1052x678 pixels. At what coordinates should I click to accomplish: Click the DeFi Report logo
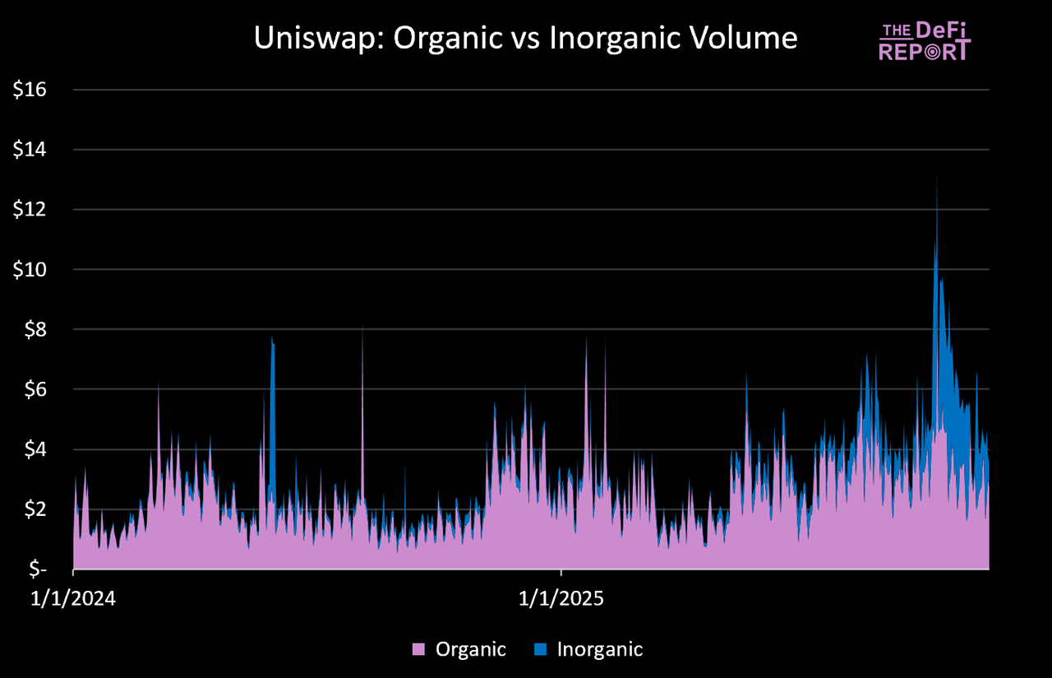click(924, 41)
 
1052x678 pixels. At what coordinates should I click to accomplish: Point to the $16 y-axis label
click(30, 90)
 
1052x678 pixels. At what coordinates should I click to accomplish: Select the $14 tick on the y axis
click(30, 150)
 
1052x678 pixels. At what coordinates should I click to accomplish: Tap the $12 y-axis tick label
click(30, 210)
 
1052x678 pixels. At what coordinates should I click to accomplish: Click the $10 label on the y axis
click(30, 270)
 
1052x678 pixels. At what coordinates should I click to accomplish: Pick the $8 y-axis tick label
click(35, 329)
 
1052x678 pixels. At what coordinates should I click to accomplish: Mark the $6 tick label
click(35, 389)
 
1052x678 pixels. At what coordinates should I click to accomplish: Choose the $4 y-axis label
click(35, 449)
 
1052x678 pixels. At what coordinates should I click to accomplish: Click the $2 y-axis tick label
click(35, 509)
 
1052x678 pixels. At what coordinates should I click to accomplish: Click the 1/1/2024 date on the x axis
click(75, 599)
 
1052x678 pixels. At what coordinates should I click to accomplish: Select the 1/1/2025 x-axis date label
click(561, 599)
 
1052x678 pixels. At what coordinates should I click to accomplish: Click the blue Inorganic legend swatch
click(540, 649)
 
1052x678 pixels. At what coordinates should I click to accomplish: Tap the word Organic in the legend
click(470, 649)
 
